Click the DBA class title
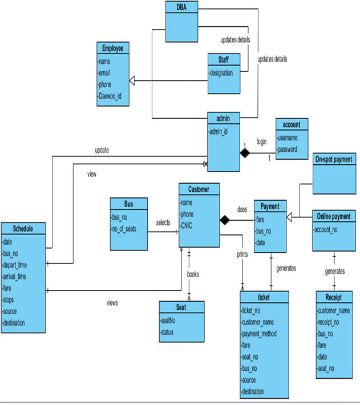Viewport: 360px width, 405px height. click(181, 6)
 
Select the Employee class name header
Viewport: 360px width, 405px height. click(112, 48)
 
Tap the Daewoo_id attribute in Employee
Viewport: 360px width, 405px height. click(110, 96)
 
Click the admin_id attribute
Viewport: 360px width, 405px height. click(219, 132)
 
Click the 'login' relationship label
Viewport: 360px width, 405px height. click(261, 140)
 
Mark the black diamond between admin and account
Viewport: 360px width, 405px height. click(245, 153)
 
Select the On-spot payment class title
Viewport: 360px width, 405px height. click(333, 159)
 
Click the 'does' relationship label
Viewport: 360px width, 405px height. click(242, 209)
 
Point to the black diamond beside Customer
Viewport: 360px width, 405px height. click(224, 220)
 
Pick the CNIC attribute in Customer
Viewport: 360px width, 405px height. click(187, 226)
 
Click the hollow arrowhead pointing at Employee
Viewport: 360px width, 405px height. click(133, 80)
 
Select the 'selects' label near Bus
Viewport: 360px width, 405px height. click(163, 223)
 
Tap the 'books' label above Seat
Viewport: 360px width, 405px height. click(193, 274)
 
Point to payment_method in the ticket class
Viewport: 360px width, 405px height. click(260, 334)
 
